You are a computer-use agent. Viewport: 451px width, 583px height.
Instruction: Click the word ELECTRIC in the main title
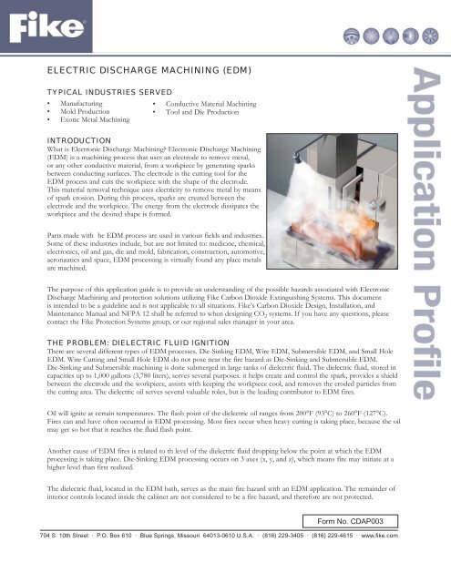point(74,66)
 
